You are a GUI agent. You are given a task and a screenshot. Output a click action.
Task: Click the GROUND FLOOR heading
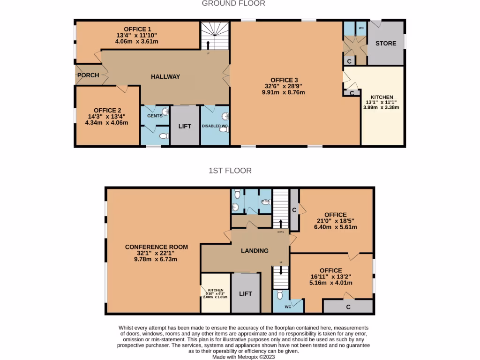click(233, 4)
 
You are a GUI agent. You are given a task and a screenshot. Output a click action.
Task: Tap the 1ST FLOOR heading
click(230, 171)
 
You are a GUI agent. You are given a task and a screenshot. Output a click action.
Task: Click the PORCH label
click(88, 75)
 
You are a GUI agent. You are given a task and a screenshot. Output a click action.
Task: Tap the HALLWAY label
click(165, 76)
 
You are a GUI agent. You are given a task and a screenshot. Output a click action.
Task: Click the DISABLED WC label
click(215, 126)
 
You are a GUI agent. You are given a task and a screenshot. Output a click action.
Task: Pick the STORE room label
click(385, 44)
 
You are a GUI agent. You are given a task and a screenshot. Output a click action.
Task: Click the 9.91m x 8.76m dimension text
click(283, 93)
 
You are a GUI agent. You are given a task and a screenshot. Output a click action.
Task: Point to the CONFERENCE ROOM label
click(156, 247)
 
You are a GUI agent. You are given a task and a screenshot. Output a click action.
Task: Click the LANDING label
click(255, 251)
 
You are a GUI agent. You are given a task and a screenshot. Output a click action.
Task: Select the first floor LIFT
click(246, 294)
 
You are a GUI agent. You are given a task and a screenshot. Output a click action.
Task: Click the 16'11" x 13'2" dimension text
click(330, 277)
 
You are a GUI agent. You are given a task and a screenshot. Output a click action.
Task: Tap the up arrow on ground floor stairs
click(208, 45)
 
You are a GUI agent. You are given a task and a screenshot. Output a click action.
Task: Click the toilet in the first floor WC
click(279, 295)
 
